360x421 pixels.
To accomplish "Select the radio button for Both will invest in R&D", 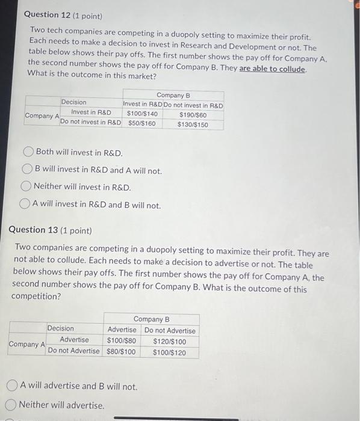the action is (28, 152).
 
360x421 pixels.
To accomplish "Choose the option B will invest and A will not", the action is (28, 170).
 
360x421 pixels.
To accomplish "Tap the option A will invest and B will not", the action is (26, 204).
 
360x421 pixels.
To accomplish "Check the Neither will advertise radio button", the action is (11, 405).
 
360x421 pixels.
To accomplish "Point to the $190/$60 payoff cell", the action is (193, 114).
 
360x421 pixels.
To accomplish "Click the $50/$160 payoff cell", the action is (141, 124).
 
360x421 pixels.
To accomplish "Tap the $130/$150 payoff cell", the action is (193, 124).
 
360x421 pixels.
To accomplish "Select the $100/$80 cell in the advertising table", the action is (122, 341).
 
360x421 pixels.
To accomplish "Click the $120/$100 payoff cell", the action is (169, 341).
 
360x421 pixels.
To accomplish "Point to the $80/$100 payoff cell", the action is (121, 352).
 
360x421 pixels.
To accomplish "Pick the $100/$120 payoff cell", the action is (169, 352).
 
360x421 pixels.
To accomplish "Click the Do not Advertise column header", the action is (170, 330).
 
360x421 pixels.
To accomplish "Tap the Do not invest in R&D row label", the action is (90, 123).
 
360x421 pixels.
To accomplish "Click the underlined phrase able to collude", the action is (273, 69).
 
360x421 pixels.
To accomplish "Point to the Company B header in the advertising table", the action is (151, 319).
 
